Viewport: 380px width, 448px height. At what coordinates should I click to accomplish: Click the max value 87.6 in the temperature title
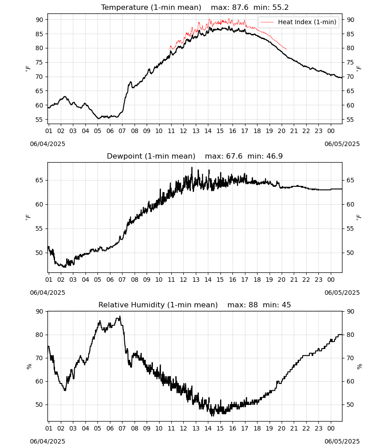(241, 8)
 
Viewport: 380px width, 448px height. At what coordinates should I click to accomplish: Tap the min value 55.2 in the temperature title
(280, 8)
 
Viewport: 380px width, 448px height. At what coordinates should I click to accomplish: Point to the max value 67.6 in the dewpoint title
(234, 156)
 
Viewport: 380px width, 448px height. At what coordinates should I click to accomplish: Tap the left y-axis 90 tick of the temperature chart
(39, 20)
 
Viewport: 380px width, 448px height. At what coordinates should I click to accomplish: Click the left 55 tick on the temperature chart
(39, 120)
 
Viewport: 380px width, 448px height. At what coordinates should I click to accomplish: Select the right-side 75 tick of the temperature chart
(350, 62)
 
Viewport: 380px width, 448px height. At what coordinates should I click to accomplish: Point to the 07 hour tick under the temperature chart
(122, 131)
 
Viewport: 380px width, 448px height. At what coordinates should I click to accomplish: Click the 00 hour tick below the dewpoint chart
(331, 280)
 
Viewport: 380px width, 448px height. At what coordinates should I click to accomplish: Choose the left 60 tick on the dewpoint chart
(39, 204)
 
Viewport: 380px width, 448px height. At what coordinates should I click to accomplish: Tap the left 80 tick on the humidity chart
(39, 335)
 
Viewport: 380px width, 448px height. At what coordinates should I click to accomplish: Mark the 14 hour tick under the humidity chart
(208, 429)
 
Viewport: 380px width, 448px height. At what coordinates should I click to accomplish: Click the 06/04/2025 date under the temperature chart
(47, 144)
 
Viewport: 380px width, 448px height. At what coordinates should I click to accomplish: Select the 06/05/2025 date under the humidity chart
(342, 441)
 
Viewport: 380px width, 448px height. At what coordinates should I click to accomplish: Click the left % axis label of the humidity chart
(29, 366)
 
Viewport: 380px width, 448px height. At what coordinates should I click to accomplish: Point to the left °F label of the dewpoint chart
(28, 217)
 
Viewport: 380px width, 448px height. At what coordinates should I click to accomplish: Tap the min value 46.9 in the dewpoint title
(274, 156)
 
